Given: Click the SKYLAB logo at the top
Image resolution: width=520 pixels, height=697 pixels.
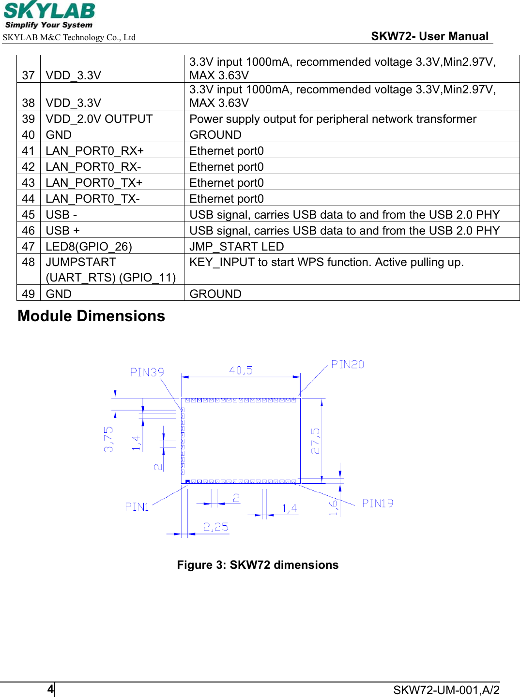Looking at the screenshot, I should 49,15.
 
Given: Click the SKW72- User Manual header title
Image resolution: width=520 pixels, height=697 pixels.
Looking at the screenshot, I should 429,36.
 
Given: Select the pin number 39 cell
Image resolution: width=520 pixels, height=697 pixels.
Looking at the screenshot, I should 29,119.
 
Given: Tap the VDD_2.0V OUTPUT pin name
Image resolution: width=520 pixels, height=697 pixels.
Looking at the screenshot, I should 99,119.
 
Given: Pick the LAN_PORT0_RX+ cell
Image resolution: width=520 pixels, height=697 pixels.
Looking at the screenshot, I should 94,151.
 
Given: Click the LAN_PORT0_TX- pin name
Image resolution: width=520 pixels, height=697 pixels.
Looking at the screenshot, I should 92,199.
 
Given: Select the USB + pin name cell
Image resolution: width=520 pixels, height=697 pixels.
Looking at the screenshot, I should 62,231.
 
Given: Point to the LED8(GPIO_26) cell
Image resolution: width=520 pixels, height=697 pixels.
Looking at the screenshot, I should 89,247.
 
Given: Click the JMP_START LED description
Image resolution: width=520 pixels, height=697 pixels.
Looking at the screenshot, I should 237,247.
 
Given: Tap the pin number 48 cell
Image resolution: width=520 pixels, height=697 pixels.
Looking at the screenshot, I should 29,262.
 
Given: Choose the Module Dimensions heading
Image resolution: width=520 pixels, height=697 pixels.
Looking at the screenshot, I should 92,316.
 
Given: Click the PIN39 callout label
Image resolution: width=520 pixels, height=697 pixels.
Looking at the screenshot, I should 147,372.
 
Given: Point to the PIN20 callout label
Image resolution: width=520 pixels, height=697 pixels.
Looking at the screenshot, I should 347,364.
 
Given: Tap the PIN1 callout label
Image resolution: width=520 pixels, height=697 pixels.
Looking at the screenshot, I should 137,507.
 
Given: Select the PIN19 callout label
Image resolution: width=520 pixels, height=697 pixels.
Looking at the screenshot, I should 378,504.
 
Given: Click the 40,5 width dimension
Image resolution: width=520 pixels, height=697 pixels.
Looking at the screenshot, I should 241,371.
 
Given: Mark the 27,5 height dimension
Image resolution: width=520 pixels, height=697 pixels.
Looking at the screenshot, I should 315,441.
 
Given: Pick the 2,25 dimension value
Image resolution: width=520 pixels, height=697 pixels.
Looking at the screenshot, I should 215,527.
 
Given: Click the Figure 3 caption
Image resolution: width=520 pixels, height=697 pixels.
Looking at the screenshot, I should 258,565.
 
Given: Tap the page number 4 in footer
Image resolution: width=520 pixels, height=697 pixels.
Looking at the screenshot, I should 50,689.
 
